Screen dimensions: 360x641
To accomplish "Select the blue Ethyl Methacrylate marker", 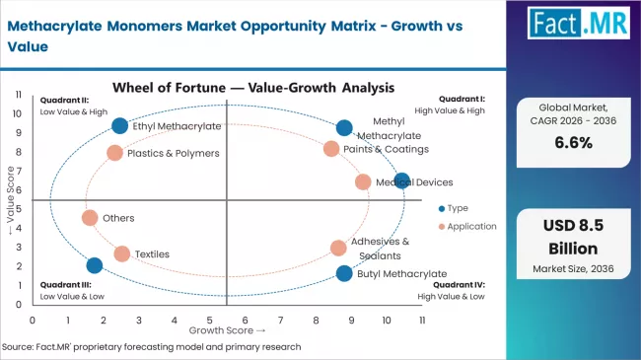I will click(120, 125).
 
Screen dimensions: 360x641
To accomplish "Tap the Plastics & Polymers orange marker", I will click(114, 153).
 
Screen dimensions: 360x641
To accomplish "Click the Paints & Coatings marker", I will click(331, 149).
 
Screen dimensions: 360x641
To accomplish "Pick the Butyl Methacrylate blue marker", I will click(343, 273).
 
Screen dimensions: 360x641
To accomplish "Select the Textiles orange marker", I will click(121, 253).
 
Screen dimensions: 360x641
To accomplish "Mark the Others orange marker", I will click(90, 218).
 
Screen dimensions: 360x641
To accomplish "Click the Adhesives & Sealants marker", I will click(338, 248).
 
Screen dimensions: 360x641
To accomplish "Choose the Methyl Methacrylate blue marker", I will click(343, 127).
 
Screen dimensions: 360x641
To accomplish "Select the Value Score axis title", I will click(10, 206).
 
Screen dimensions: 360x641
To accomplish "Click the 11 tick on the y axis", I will click(19, 95).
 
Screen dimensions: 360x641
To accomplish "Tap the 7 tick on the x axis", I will click(280, 320).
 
